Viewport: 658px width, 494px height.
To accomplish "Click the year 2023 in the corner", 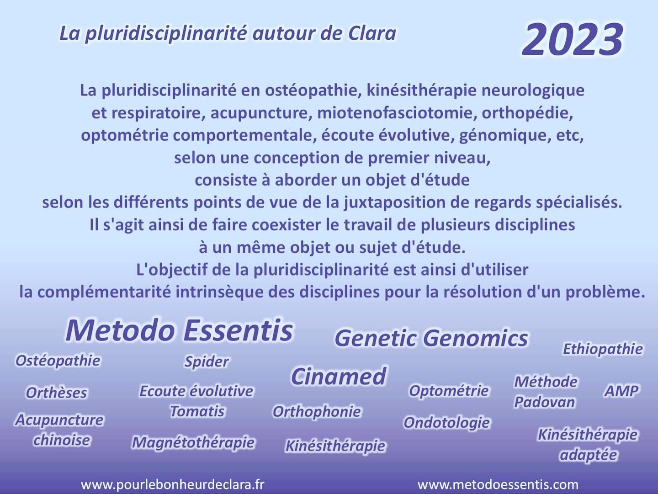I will [573, 39].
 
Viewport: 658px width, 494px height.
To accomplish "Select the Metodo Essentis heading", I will [179, 330].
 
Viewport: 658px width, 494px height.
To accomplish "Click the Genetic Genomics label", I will [431, 338].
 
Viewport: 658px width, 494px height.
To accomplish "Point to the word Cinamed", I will [339, 377].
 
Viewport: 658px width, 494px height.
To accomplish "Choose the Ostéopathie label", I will [58, 361].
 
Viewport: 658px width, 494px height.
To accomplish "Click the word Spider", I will [207, 361].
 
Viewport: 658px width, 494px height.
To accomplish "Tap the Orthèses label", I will [56, 393].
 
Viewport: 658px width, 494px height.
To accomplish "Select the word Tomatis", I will [197, 411].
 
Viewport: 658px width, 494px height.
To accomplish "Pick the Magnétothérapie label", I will [193, 442].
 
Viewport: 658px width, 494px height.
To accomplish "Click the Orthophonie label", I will [317, 412].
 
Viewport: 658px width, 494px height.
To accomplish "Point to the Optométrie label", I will [449, 391].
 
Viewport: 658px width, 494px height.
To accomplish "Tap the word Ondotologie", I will [446, 423].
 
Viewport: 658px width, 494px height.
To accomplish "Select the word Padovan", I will [544, 402].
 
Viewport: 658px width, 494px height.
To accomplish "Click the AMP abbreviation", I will [621, 391].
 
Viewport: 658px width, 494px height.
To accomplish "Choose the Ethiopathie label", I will [603, 349].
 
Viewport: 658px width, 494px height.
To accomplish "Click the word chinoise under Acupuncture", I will [62, 440].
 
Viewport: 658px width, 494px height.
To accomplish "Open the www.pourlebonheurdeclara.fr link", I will [173, 484].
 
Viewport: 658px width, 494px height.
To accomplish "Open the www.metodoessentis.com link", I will [498, 484].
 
